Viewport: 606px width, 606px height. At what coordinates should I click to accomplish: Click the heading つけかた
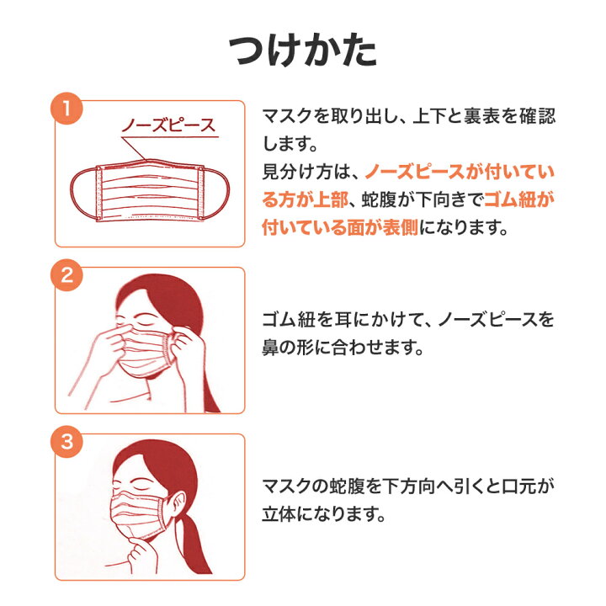point(303,50)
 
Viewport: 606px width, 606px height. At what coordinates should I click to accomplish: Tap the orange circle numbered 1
point(66,109)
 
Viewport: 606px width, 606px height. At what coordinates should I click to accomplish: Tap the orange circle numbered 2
point(66,274)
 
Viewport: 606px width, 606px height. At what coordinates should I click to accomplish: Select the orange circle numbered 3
point(66,441)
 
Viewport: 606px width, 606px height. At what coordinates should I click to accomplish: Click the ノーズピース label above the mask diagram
point(168,125)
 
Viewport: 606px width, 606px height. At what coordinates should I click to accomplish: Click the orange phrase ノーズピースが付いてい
point(460,172)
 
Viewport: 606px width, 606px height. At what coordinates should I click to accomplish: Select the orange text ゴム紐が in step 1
point(519,199)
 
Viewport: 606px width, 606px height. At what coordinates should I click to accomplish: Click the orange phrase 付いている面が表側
point(340,227)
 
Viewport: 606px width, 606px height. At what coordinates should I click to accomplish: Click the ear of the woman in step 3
point(178,504)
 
